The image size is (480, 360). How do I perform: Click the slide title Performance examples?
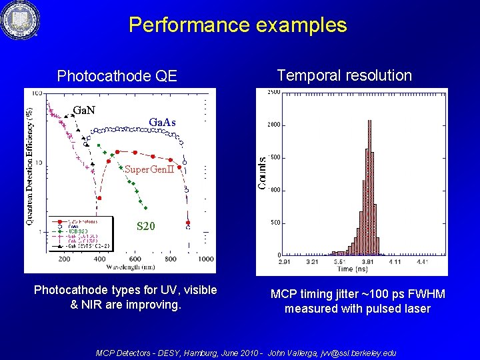pos(237,25)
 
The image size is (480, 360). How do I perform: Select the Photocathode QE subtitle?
pos(117,76)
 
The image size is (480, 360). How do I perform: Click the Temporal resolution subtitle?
pos(344,75)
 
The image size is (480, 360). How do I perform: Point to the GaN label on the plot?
pos(83,109)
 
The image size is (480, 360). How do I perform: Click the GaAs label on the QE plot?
pos(162,123)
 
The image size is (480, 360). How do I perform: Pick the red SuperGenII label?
pos(149,169)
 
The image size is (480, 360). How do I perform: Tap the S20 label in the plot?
pos(146,227)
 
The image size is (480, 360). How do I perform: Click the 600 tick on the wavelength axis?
pos(135,259)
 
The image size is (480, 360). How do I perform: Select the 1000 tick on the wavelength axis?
pos(206,259)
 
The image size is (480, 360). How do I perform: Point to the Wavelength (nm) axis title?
pos(133,267)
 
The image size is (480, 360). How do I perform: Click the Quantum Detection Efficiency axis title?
pos(29,162)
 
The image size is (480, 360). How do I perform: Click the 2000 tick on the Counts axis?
pos(273,125)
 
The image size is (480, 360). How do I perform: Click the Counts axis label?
pos(263,173)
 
